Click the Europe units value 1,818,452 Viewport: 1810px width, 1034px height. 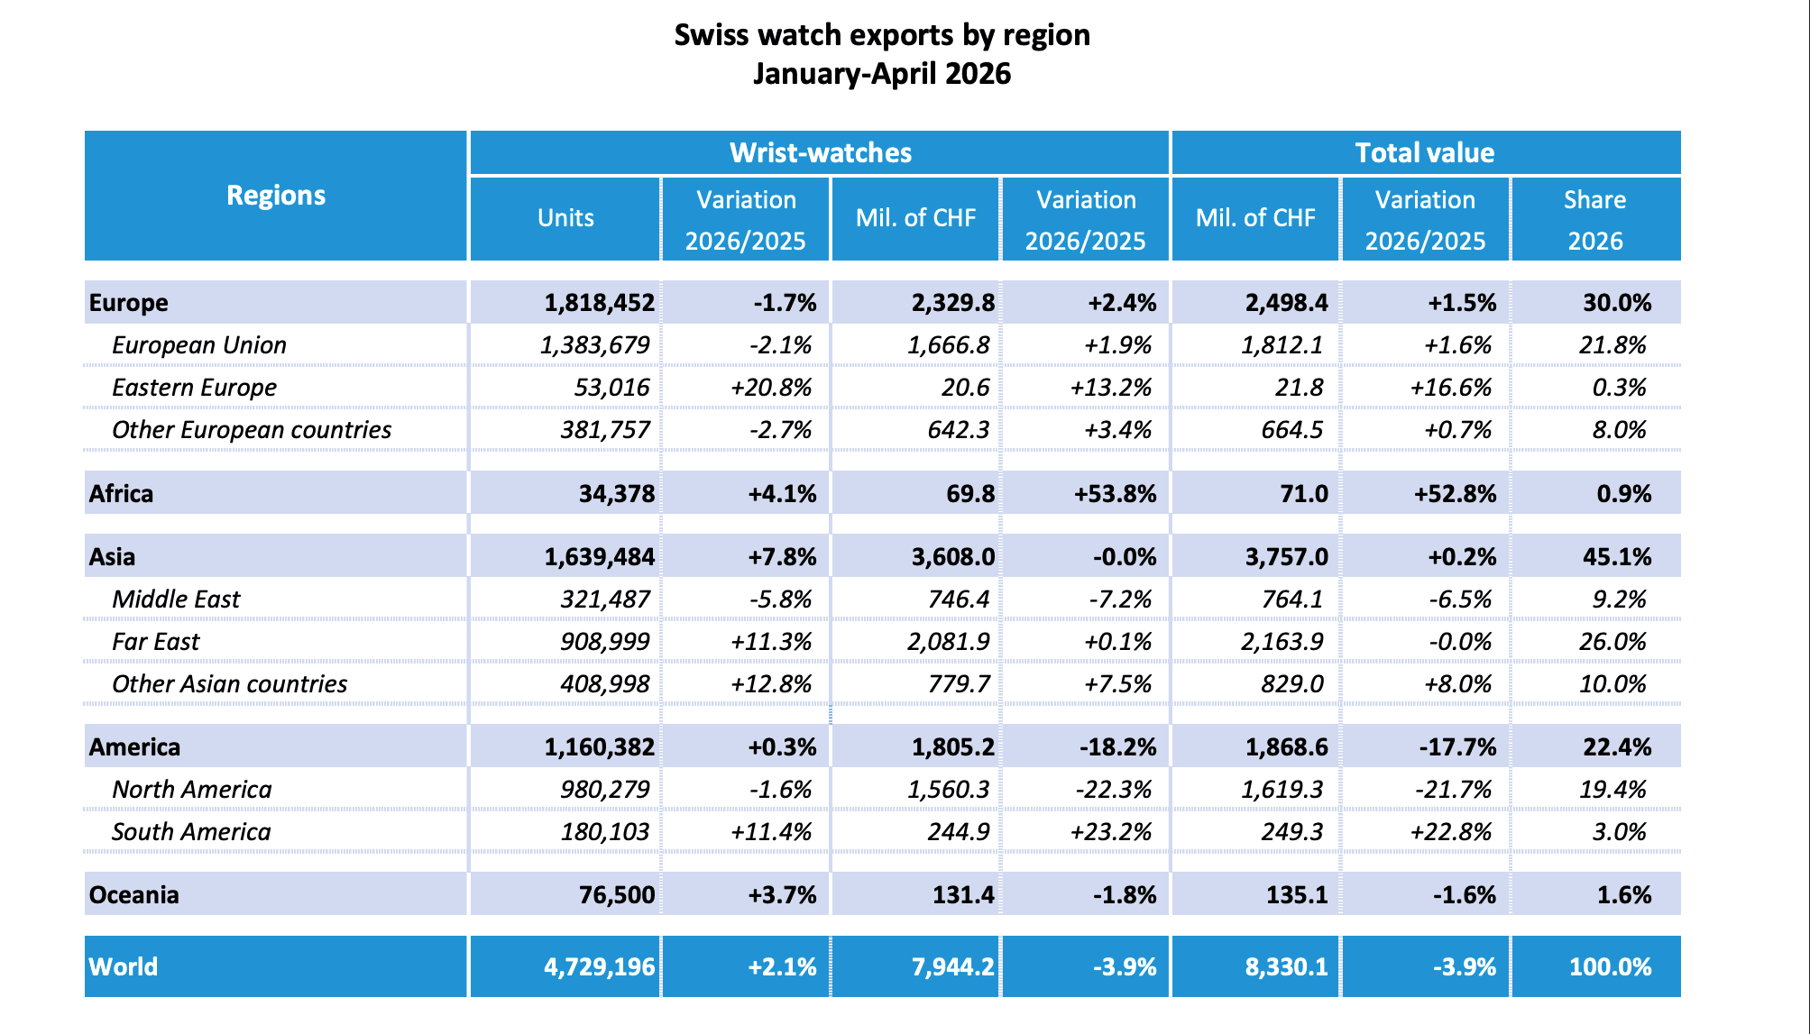600,303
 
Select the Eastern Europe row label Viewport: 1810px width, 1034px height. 194,388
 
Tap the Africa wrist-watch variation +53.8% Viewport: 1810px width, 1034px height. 1115,494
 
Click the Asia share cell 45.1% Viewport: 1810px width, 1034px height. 1617,557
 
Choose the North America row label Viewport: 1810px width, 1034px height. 191,790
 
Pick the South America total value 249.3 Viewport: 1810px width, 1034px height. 1292,832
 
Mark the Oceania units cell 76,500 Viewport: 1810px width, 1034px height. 617,895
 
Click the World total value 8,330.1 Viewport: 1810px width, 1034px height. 1286,967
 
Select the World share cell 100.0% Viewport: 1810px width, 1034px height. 1611,967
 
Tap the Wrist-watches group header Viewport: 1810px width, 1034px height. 821,152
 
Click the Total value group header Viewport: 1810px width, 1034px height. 1425,152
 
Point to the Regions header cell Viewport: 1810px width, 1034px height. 276,196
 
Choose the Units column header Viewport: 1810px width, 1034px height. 565,218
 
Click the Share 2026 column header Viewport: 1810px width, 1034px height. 1594,220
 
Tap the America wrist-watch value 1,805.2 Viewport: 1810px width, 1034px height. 953,747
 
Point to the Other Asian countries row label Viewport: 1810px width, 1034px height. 229,684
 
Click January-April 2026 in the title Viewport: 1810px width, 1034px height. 882,73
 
